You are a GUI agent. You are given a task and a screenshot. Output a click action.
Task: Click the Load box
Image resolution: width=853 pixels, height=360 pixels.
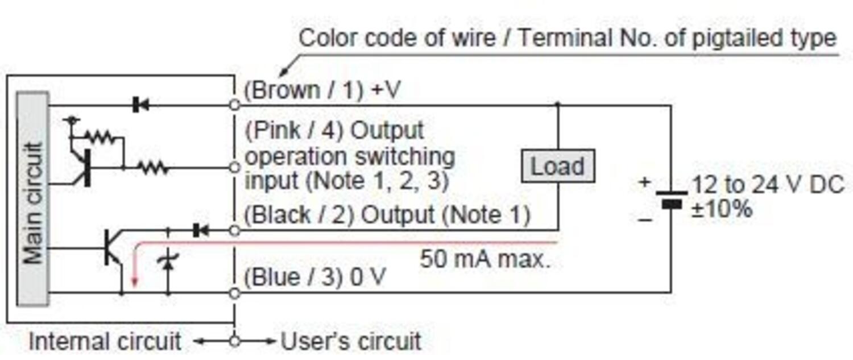pos(557,166)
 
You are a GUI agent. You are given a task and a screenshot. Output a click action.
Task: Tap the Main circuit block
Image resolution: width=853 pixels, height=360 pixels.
pos(33,198)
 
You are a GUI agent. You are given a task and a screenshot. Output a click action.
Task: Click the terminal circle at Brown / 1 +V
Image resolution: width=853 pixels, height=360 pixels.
pos(234,105)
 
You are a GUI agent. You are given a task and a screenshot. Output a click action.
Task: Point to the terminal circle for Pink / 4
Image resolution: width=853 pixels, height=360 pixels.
pos(234,167)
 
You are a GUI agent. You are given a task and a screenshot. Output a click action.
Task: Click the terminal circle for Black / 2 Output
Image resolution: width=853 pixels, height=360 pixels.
pos(234,230)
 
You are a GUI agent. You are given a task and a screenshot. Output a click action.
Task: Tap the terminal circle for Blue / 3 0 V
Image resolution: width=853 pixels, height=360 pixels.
pos(234,293)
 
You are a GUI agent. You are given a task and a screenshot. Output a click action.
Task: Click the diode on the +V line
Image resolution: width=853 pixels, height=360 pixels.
pos(140,105)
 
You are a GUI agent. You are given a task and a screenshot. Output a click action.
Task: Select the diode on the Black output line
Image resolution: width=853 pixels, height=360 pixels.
pos(200,230)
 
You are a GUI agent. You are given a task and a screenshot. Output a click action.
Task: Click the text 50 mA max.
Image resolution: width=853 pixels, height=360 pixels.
pos(485,260)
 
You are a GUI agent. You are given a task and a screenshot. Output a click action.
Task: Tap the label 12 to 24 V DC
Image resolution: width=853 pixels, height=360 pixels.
pos(768,185)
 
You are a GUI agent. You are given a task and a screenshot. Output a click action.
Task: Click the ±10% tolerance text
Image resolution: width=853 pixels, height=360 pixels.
pos(722,209)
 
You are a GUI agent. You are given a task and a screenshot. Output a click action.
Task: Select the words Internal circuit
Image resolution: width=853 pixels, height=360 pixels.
pos(105,342)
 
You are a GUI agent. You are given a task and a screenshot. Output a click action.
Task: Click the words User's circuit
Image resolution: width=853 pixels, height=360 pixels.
pos(351,342)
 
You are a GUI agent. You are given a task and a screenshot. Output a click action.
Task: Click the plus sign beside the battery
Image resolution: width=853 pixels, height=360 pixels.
pos(644,182)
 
